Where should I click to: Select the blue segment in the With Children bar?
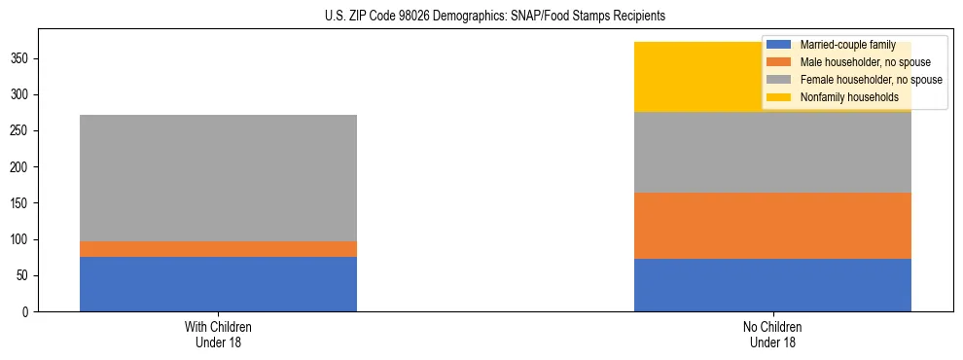point(218,284)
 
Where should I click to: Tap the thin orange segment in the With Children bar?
point(218,249)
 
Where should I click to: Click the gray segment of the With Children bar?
point(218,178)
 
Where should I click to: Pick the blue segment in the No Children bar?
point(772,285)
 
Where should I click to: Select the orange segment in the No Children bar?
point(772,226)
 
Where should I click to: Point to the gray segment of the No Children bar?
point(772,152)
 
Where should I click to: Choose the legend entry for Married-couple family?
point(842,45)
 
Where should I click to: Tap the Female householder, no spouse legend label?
point(871,80)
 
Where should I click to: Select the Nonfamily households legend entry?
point(849,97)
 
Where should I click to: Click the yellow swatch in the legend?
point(779,97)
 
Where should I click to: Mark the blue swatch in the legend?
point(779,45)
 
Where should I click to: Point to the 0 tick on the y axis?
point(28,312)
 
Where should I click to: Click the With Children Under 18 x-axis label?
point(218,334)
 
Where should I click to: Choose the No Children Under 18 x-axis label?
point(772,334)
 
